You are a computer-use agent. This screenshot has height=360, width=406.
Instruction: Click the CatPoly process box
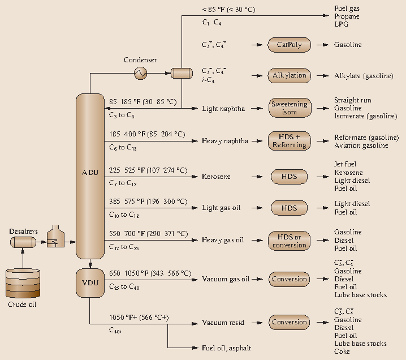click(x=289, y=45)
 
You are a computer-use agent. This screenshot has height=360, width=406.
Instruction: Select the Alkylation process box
click(x=289, y=75)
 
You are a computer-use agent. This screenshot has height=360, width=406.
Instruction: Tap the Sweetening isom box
click(x=289, y=108)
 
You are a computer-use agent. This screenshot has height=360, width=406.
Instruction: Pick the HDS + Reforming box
click(x=289, y=141)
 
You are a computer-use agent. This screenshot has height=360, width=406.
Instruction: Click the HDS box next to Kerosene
click(x=289, y=177)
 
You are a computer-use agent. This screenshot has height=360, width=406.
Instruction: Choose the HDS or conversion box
click(x=289, y=241)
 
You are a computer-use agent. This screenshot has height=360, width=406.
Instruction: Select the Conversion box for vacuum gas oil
click(x=289, y=279)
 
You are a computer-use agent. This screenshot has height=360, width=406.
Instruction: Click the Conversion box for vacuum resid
click(x=289, y=323)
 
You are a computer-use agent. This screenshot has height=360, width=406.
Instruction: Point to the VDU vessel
click(x=90, y=283)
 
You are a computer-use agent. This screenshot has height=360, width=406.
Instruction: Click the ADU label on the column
click(x=90, y=172)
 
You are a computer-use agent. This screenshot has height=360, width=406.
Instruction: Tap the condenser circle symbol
click(x=140, y=73)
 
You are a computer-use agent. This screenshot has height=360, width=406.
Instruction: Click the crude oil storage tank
click(x=23, y=283)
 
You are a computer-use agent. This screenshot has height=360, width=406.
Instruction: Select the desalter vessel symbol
click(x=23, y=242)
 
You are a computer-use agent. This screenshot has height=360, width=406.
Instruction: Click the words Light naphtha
click(x=223, y=108)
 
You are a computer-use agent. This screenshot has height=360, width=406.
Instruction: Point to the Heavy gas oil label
click(x=223, y=240)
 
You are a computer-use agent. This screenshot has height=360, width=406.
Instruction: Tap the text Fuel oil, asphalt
click(x=227, y=348)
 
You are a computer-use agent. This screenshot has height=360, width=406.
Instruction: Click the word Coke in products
click(x=342, y=352)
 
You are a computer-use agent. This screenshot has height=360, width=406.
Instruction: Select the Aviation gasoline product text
click(x=361, y=145)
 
